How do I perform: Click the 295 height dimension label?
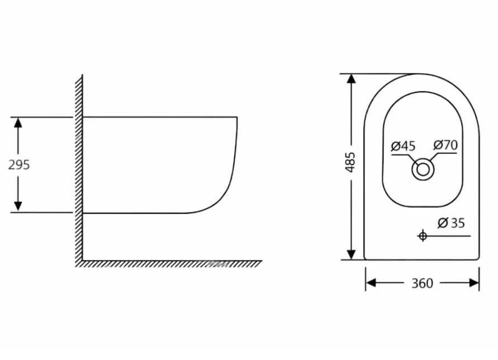coord(19,165)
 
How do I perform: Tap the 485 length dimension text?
coord(350,162)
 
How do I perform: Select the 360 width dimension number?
coord(422,283)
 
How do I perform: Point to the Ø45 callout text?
coord(403,146)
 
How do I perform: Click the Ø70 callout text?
coord(445,145)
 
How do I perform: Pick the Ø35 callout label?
coord(451,223)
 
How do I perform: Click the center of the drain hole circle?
coord(423,169)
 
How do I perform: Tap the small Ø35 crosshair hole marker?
coord(423,236)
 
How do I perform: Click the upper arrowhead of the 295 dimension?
coord(18,122)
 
